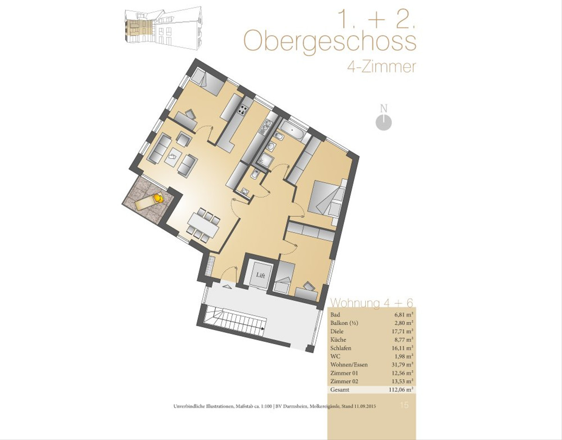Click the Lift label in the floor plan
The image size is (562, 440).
pos(260,275)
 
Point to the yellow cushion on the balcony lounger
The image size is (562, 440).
pos(158,198)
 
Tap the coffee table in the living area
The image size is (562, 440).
pos(173,157)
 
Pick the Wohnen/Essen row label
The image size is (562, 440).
pos(349,365)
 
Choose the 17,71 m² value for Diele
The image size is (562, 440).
pos(402,332)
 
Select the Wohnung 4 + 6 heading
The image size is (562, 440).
pos(372,303)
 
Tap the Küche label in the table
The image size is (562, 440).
pos(338,340)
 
